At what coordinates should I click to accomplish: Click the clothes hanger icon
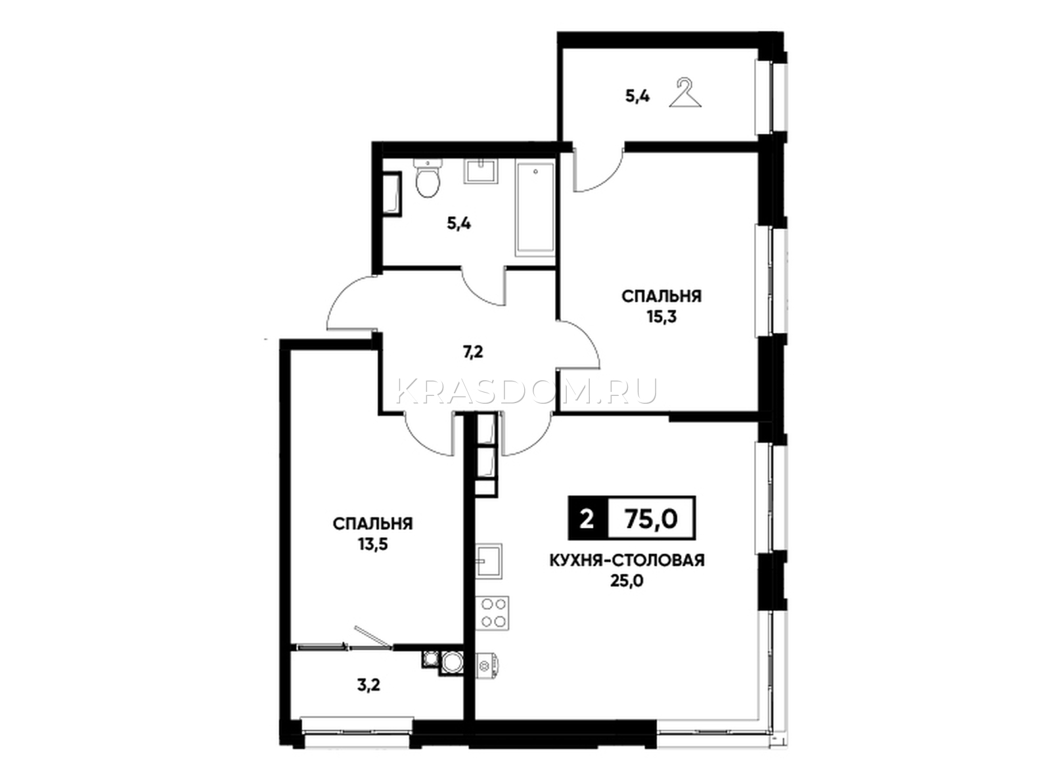[684, 94]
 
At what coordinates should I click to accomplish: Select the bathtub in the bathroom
[535, 210]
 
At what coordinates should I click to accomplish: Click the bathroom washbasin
[481, 171]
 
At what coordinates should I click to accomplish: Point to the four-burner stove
[493, 613]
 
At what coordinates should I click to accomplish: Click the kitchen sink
[489, 561]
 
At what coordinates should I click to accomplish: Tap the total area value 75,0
[651, 519]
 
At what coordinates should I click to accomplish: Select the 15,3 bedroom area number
[661, 317]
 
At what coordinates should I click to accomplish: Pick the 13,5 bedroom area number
[373, 545]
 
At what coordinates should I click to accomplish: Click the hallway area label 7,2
[472, 353]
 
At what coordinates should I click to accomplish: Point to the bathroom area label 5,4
[458, 223]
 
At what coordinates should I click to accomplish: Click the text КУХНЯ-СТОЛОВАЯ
[627, 561]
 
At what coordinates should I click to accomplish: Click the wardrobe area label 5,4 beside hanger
[638, 97]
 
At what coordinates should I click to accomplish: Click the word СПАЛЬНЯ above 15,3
[661, 297]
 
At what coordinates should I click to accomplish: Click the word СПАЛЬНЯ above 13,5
[373, 524]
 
